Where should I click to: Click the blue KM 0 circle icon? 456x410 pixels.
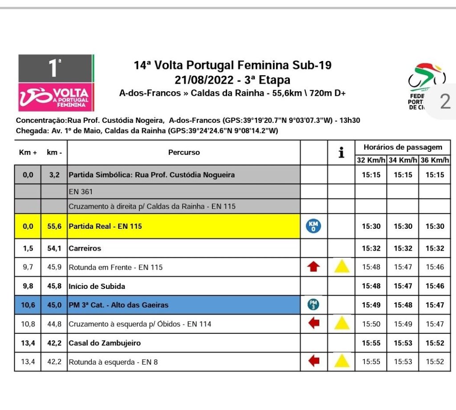[313, 226]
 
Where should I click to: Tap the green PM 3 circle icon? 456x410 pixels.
[313, 305]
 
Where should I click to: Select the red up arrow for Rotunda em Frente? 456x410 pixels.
[313, 267]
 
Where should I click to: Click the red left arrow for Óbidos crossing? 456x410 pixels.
[313, 324]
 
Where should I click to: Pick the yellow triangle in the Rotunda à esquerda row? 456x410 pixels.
[342, 361]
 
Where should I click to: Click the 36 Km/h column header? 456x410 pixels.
[435, 160]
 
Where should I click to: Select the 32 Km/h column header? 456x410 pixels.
[371, 160]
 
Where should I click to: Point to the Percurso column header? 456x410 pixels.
[184, 152]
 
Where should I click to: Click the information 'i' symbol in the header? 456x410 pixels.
[341, 153]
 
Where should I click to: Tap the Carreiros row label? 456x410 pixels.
[85, 248]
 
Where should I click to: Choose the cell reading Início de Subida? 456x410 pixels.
[97, 286]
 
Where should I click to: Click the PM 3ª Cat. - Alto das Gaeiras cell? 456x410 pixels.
[118, 305]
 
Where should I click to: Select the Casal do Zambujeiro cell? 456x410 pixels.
[105, 343]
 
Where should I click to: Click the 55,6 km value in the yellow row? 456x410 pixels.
[54, 226]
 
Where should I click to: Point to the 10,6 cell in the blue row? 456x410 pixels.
[28, 305]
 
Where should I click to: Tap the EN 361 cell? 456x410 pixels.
[81, 192]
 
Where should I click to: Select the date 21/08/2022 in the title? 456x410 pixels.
[204, 80]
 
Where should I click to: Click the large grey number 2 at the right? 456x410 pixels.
[445, 102]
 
